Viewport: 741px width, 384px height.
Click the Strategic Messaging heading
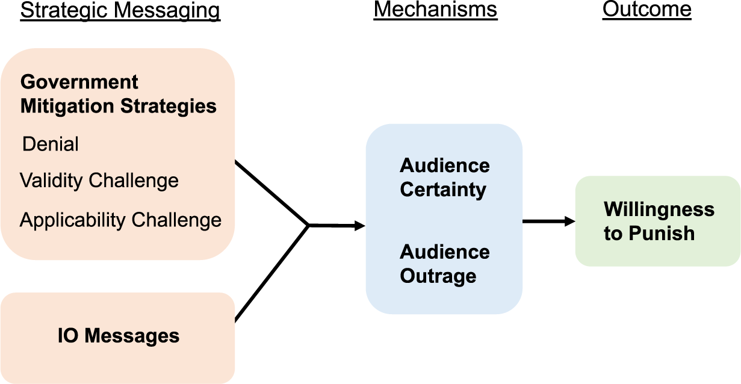point(120,11)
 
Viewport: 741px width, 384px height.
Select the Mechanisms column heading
point(435,10)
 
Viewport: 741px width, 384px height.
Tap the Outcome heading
point(646,10)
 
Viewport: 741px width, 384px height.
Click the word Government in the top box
point(79,82)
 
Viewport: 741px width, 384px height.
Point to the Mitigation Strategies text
point(119,107)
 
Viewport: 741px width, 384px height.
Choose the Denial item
point(51,144)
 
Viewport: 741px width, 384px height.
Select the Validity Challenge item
point(99,181)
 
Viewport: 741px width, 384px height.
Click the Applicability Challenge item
point(120,220)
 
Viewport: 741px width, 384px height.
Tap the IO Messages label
point(119,335)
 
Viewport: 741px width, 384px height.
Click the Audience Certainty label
point(444,178)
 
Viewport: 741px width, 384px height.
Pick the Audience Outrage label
point(444,264)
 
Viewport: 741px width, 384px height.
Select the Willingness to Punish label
point(659,221)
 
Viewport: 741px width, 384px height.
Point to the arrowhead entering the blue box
point(360,226)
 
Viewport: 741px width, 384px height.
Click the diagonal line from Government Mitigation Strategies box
point(271,193)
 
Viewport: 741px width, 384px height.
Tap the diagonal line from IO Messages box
point(271,273)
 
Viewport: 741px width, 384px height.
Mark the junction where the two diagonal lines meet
point(309,226)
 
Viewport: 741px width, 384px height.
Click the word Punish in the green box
point(661,234)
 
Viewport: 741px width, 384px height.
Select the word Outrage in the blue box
point(438,276)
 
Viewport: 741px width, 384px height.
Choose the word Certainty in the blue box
point(443,190)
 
